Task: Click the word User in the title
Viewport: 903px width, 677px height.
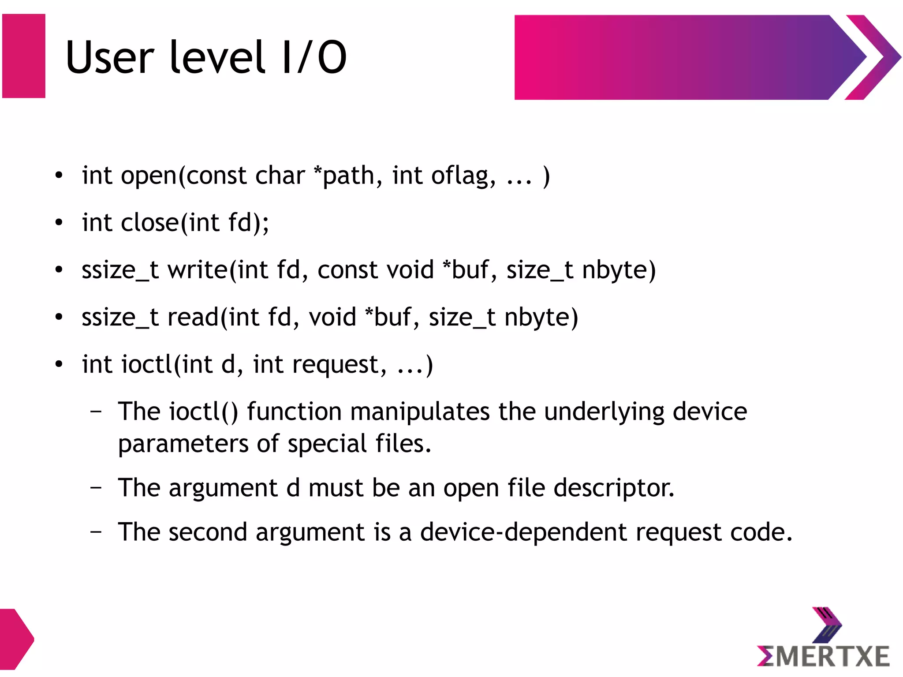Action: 110,57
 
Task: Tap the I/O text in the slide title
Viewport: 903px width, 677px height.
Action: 314,57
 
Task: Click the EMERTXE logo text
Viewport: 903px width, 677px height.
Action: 823,656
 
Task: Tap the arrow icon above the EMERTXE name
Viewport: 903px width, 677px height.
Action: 826,625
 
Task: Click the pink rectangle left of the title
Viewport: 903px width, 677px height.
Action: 24,56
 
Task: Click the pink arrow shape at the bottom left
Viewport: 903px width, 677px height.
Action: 15,639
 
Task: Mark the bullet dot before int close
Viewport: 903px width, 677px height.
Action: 59,223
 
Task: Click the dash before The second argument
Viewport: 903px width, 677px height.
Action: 96,532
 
